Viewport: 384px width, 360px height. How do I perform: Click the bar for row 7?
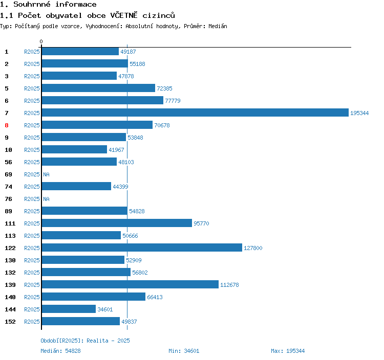click(195, 113)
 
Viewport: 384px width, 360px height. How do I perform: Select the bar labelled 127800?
click(141, 248)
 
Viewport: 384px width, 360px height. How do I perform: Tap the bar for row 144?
click(69, 309)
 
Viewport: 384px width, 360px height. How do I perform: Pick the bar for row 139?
click(130, 285)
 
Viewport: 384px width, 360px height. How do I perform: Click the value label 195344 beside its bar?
click(359, 113)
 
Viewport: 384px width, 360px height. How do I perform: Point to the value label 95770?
click(201, 223)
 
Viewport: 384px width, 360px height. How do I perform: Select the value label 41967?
click(116, 150)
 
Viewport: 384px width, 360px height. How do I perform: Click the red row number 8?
click(7, 125)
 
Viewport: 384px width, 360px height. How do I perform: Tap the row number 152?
click(10, 322)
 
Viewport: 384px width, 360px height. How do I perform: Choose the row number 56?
click(8, 162)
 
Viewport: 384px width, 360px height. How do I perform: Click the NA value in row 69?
click(46, 174)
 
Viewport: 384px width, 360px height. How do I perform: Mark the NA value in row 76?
click(46, 199)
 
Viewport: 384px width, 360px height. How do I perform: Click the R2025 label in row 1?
click(32, 52)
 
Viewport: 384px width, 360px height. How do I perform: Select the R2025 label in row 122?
click(32, 248)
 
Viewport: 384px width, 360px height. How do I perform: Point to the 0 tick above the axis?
click(41, 41)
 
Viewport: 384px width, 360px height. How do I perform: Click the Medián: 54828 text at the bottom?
click(60, 351)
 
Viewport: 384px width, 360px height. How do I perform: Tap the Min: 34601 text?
click(184, 351)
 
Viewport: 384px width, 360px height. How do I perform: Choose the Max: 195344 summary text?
click(288, 351)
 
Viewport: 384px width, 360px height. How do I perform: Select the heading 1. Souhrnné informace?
click(48, 5)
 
